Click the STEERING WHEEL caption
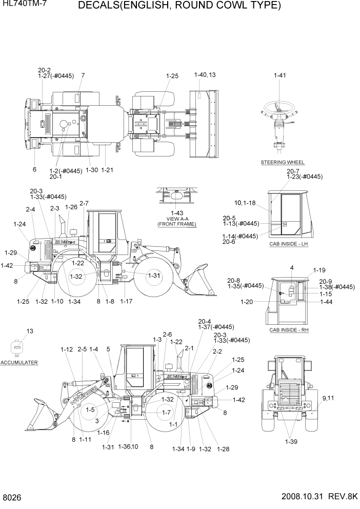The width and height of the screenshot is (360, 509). (x=283, y=162)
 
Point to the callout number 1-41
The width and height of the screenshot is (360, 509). (x=279, y=75)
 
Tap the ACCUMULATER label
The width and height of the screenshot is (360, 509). (x=19, y=362)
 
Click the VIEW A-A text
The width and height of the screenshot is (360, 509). (x=176, y=219)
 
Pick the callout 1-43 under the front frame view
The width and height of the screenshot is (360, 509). (x=176, y=213)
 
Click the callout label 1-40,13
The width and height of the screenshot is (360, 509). (x=205, y=75)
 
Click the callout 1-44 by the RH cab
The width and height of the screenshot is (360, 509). (x=326, y=302)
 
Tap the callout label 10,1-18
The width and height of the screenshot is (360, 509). (x=245, y=203)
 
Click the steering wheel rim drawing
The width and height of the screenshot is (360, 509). (x=280, y=107)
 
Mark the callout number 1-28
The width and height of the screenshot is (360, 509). (x=223, y=449)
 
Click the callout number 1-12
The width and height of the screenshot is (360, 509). (x=67, y=349)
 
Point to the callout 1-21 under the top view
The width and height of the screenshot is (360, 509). (x=107, y=170)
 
